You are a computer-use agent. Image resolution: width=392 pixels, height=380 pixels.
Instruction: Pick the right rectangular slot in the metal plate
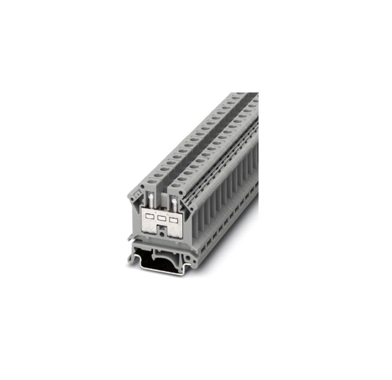[x=174, y=220]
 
